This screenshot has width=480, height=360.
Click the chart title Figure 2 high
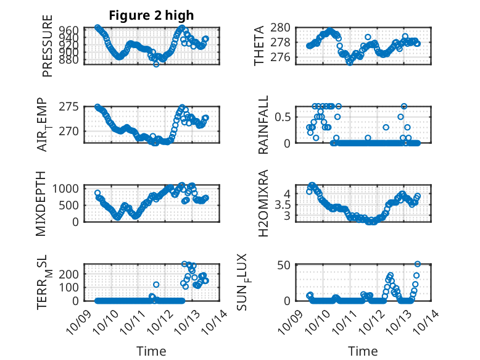coord(151,15)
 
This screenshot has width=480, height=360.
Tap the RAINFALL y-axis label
coord(263,125)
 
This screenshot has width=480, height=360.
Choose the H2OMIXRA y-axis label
coord(263,203)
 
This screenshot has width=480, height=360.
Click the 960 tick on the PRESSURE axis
coord(70,30)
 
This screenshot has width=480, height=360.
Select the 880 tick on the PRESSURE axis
coord(70,60)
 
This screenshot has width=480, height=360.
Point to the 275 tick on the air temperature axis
coord(70,107)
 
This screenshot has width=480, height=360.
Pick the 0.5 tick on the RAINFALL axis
coord(281,117)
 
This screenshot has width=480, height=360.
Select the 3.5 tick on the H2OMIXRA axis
coord(281,204)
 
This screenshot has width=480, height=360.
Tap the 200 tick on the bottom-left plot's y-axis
coord(70,274)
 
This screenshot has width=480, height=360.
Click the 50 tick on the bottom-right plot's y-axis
coord(284,266)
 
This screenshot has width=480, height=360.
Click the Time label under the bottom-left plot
coord(151,351)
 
